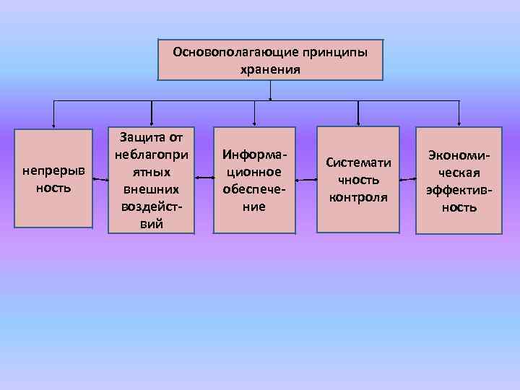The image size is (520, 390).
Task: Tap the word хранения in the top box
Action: point(270,70)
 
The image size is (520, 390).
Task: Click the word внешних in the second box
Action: point(152,189)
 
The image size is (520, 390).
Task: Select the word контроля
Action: point(358,197)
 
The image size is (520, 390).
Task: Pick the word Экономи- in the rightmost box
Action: point(459,155)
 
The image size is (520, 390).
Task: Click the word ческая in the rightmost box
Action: point(459,173)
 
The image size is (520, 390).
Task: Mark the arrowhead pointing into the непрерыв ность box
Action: point(53,124)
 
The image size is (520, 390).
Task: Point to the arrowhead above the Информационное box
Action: point(254,121)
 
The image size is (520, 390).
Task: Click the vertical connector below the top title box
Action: point(270,90)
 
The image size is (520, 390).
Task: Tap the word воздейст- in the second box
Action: point(152,207)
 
